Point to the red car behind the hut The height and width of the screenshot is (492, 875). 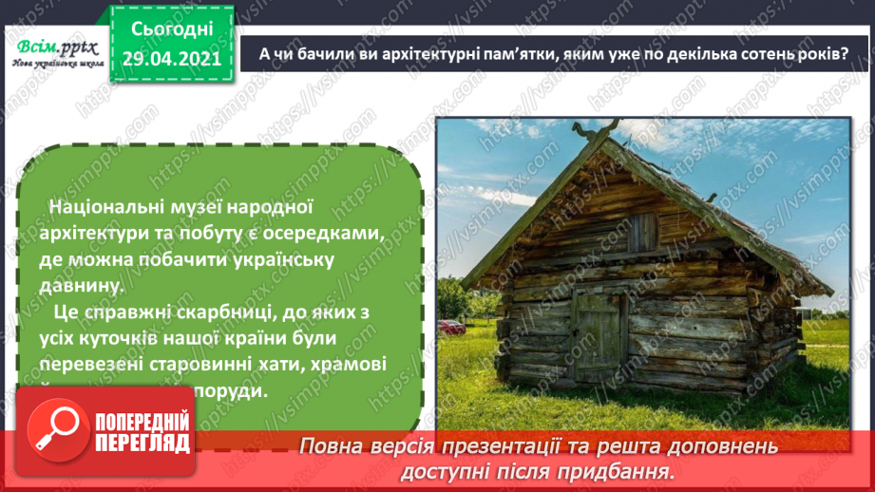pos(453,327)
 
